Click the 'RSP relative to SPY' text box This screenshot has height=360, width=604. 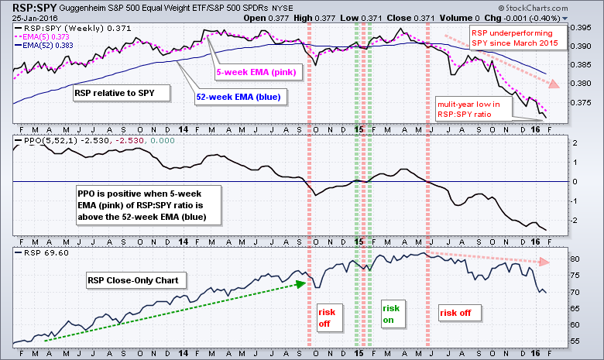(112, 93)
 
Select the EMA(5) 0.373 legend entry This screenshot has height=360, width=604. (39, 37)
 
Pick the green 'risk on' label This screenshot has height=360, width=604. (392, 313)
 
